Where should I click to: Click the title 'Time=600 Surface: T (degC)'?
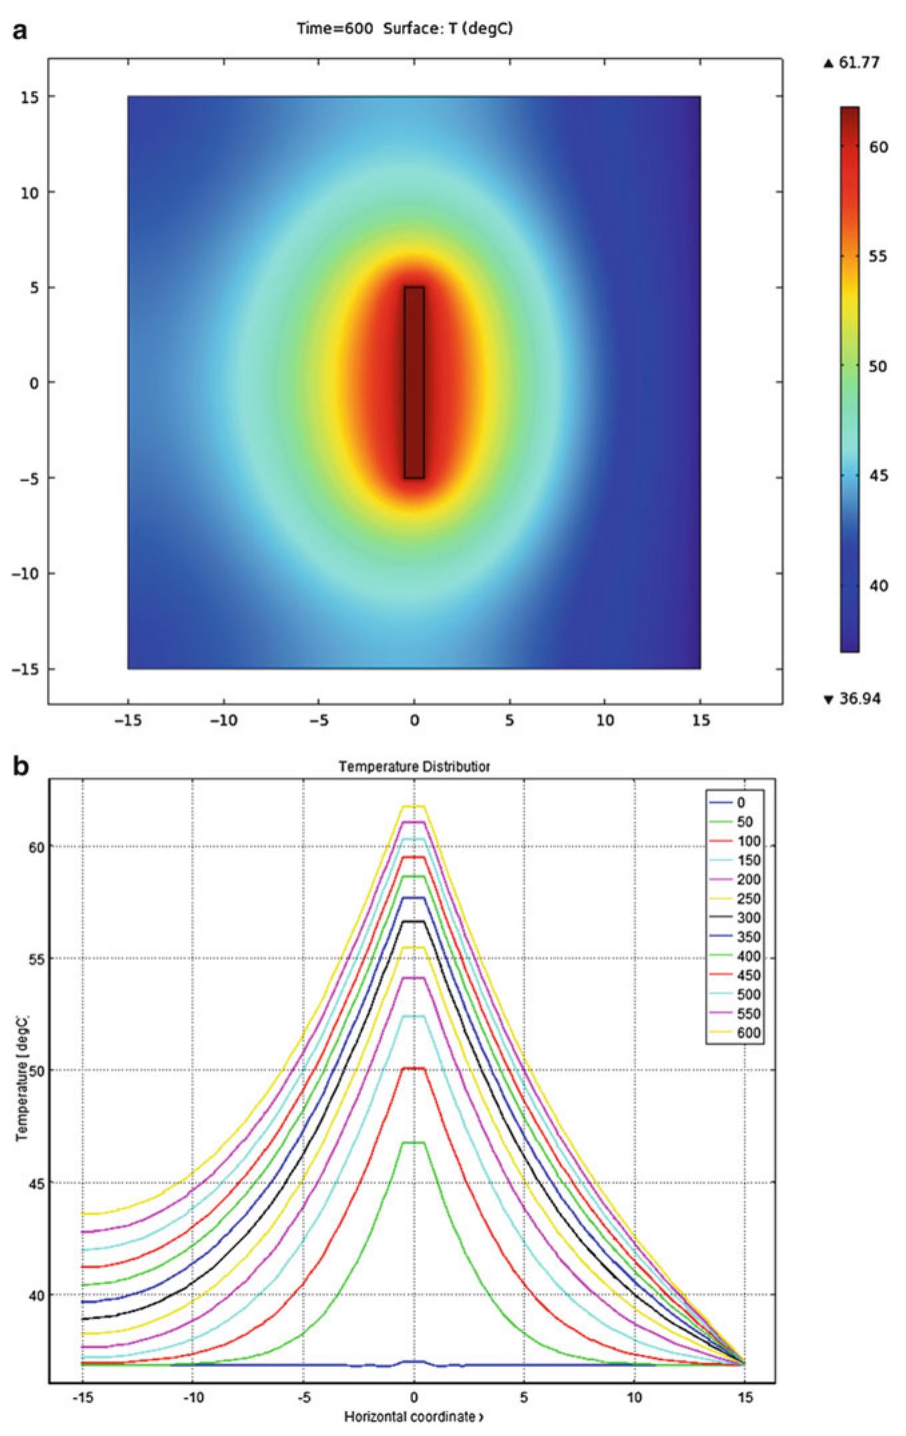tap(405, 29)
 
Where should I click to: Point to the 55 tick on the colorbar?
tap(879, 257)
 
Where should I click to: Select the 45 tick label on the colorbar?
tap(879, 476)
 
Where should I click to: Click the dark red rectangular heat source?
tap(414, 383)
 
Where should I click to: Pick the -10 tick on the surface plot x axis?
tap(223, 722)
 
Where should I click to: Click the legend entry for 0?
tap(740, 802)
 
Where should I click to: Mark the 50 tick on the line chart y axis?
tap(38, 1071)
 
